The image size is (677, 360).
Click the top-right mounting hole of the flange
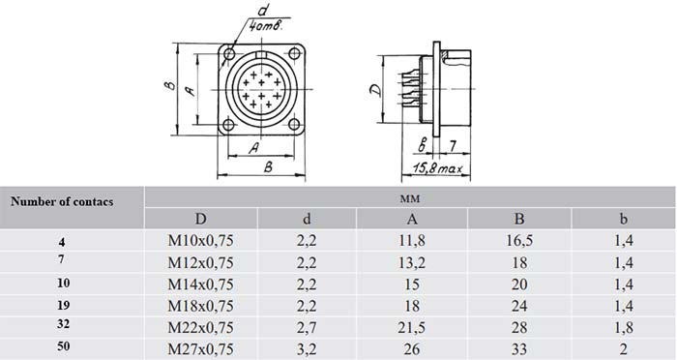tap(294, 54)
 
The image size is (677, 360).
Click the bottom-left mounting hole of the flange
tap(228, 126)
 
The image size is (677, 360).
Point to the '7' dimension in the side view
tap(452, 146)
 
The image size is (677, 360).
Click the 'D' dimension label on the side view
tap(376, 89)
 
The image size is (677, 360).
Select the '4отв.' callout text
tap(266, 26)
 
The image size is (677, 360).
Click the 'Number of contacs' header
tap(62, 201)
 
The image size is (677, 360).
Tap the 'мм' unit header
tap(410, 198)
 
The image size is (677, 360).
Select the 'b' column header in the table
tap(623, 219)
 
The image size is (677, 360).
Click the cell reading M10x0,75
tap(200, 240)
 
